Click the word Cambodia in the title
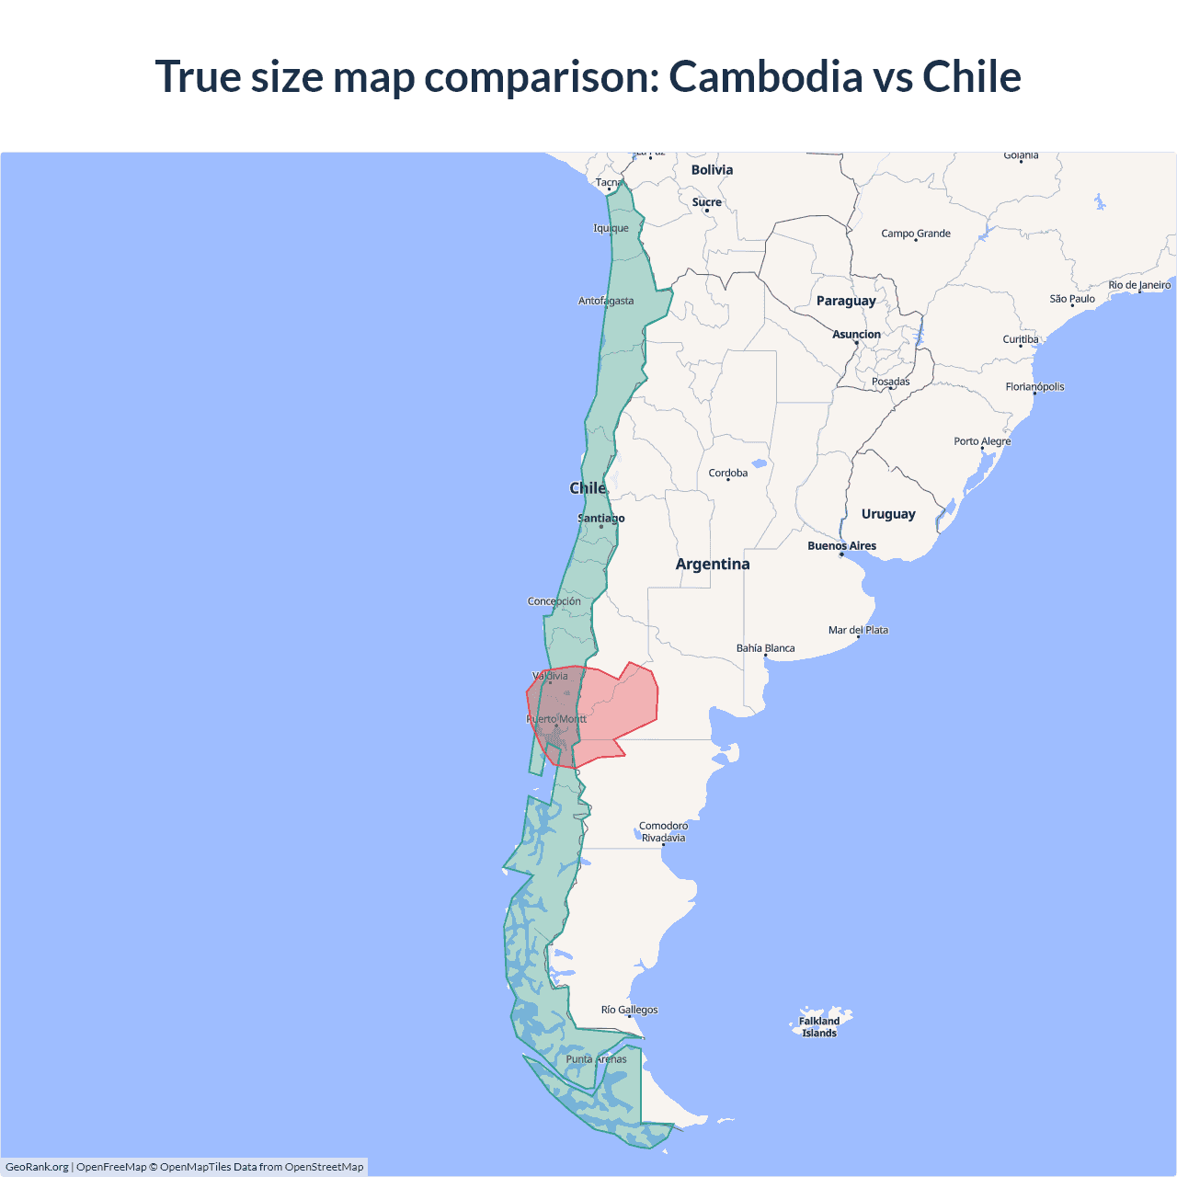[x=765, y=76]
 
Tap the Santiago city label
[x=600, y=519]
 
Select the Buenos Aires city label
[x=841, y=546]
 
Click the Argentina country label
[x=713, y=565]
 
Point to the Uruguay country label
[x=888, y=514]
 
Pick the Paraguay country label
[x=846, y=301]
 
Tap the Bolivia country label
[x=712, y=170]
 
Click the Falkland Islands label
[x=818, y=1027]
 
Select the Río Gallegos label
[x=629, y=1010]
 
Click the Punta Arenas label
[x=596, y=1059]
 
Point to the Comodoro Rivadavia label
[x=663, y=831]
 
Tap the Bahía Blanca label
[x=765, y=648]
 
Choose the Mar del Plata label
[x=858, y=630]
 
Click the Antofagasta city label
[x=606, y=301]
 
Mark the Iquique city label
[x=611, y=228]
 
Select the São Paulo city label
[x=1072, y=299]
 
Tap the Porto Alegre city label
[x=982, y=441]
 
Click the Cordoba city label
[x=727, y=474]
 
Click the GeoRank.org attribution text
[x=37, y=1167]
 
